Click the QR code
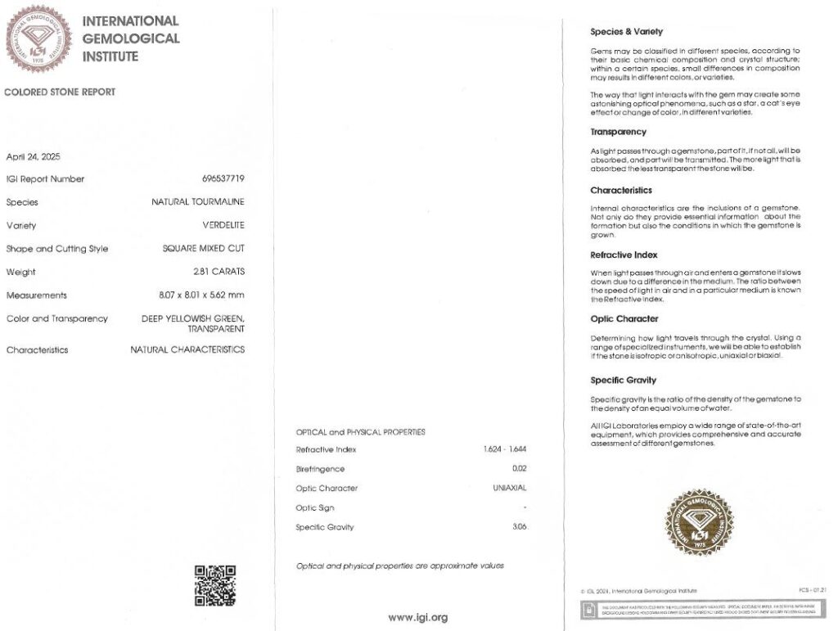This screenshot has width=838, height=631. click(215, 585)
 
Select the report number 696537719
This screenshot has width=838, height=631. click(223, 178)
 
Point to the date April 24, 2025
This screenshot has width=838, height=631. click(34, 156)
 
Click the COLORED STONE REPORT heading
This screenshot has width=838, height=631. click(60, 92)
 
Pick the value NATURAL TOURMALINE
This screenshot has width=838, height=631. click(197, 202)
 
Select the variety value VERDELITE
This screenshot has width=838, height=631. click(223, 225)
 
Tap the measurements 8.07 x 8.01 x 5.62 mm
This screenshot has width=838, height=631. click(201, 295)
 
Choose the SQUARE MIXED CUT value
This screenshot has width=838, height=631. click(203, 249)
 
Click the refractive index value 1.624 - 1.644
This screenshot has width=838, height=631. click(505, 449)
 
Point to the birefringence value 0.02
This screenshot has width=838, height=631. click(519, 469)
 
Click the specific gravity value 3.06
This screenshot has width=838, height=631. click(519, 527)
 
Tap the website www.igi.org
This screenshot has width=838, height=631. click(418, 618)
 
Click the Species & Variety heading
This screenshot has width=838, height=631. click(626, 32)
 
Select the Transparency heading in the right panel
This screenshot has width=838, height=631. click(618, 132)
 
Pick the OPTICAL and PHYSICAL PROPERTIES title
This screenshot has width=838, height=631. click(360, 432)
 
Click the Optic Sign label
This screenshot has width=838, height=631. click(315, 507)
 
